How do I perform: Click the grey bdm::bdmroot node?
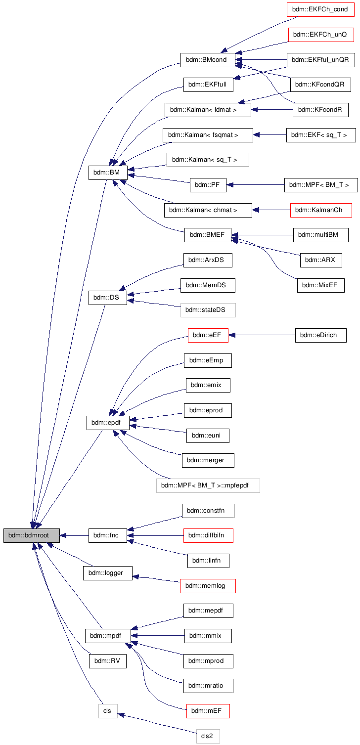coord(32,535)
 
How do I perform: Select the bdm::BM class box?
coord(108,173)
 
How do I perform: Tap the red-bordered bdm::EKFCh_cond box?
coord(320,9)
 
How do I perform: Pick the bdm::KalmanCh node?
coord(321,210)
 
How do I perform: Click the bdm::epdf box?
coord(108,423)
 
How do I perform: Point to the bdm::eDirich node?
coord(320,335)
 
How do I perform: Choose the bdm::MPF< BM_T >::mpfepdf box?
coord(208,485)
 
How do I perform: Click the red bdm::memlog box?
coord(208,586)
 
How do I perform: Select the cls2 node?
coord(208,736)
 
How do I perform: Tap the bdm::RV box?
coord(108,661)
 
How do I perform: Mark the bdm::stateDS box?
coord(208,310)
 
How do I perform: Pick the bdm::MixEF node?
coord(320,285)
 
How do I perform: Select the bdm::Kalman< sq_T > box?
coord(208,160)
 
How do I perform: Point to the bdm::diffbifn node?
coord(208,535)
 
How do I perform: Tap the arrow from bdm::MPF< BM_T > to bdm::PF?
coord(255,185)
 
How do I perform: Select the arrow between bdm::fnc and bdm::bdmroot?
coord(74,535)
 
